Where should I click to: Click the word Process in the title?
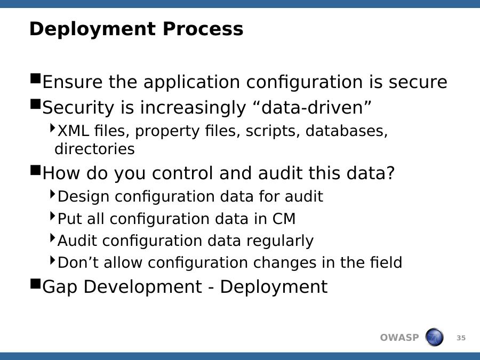click(x=203, y=29)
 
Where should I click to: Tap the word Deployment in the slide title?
click(x=92, y=30)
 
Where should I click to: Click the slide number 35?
click(x=461, y=338)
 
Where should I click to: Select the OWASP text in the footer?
click(x=399, y=338)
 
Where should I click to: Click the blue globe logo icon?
click(x=434, y=337)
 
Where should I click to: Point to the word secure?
click(x=418, y=82)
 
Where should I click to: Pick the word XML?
click(x=74, y=131)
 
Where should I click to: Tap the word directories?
click(x=94, y=149)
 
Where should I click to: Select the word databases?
click(x=347, y=131)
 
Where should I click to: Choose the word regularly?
click(x=280, y=241)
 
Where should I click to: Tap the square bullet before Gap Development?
click(x=36, y=284)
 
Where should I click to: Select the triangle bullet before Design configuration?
click(x=52, y=194)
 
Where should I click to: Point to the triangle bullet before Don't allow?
click(x=52, y=260)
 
